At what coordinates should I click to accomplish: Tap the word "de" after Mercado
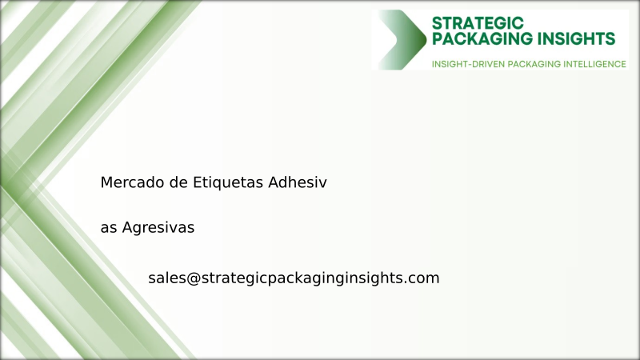178,182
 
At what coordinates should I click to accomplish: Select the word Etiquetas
228,182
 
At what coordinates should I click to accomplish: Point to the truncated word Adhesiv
298,182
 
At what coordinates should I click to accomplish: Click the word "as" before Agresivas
109,228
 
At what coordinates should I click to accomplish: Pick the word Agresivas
158,228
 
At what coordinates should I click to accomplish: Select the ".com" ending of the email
423,278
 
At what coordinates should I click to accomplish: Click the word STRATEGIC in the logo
478,22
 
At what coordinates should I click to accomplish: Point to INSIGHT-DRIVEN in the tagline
467,63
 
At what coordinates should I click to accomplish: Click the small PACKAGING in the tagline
529,63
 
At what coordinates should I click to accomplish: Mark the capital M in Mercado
107,182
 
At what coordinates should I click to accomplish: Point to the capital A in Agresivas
127,228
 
